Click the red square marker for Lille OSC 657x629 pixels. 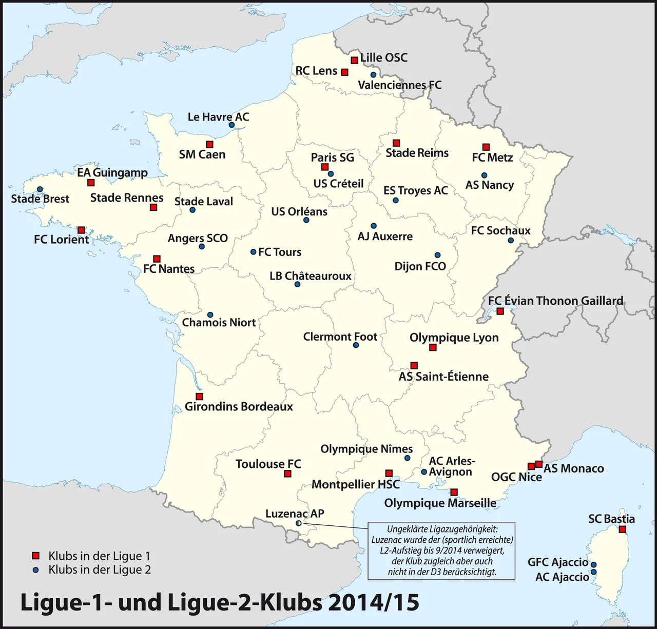(x=354, y=60)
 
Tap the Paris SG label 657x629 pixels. (x=332, y=158)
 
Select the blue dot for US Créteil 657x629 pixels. (x=331, y=174)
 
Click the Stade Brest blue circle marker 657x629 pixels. (x=40, y=189)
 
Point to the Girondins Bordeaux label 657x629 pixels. (x=239, y=407)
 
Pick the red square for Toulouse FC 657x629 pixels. (x=287, y=474)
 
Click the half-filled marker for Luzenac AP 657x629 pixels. (x=299, y=523)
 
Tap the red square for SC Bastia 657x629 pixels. (x=622, y=529)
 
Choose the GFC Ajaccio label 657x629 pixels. (x=557, y=562)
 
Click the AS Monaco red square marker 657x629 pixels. (x=538, y=464)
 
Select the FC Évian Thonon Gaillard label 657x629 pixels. (x=555, y=301)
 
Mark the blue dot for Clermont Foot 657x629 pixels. (x=356, y=345)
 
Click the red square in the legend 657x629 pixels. (x=35, y=556)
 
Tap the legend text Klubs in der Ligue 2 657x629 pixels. (x=100, y=569)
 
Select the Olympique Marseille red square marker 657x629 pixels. (x=454, y=493)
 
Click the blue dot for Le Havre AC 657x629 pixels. (x=231, y=125)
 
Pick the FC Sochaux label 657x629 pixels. (x=500, y=231)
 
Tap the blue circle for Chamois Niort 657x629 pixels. (x=210, y=314)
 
